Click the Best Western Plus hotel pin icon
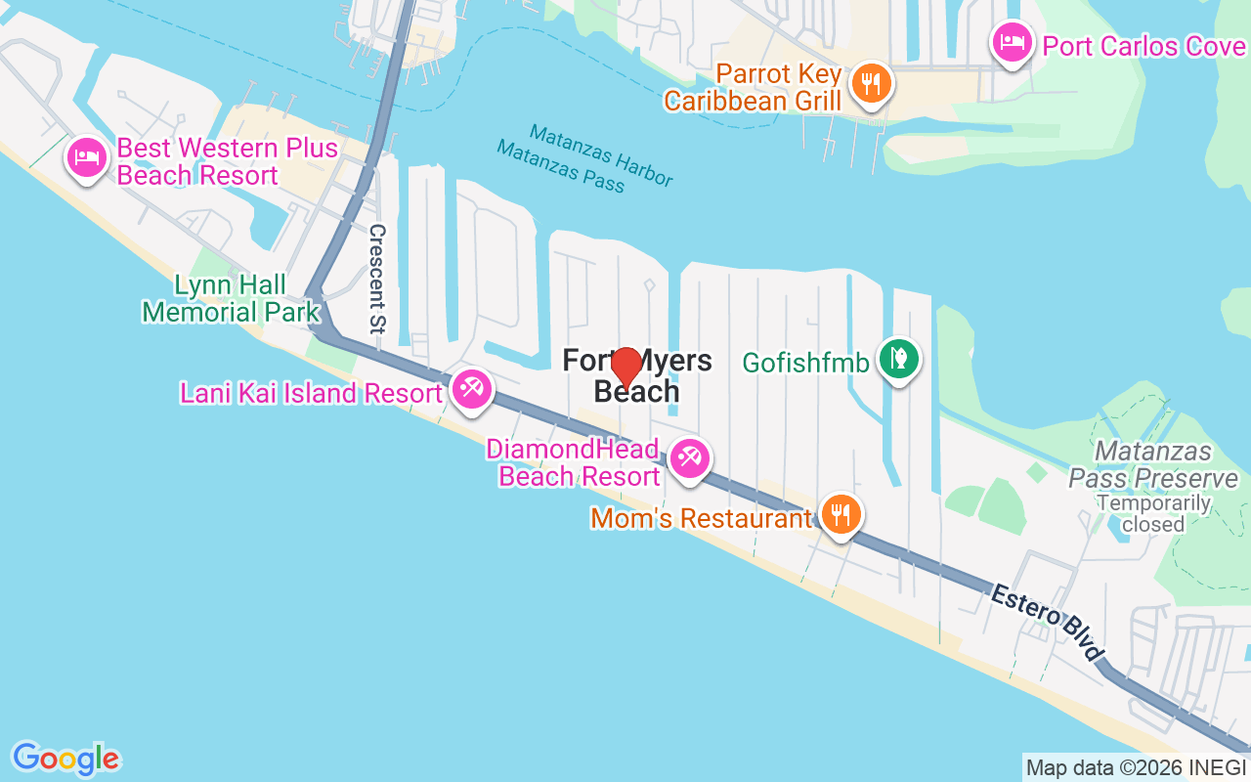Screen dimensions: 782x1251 (87, 157)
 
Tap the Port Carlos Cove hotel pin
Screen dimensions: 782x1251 (1012, 43)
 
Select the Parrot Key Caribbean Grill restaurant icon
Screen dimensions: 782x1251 (868, 83)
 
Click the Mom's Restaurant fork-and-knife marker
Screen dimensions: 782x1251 (839, 512)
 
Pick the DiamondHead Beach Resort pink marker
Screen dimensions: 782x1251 (690, 457)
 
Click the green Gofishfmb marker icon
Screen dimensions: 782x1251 (897, 358)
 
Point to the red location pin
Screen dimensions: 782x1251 (625, 367)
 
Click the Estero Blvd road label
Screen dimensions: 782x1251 (1047, 622)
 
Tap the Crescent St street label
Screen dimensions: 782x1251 (377, 279)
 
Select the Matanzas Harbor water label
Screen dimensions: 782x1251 (601, 154)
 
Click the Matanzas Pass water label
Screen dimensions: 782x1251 (560, 166)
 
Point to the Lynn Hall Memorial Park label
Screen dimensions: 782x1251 (231, 298)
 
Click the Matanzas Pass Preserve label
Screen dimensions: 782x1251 (1153, 465)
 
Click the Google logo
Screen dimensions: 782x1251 (65, 758)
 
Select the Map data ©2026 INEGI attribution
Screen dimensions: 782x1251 (1137, 767)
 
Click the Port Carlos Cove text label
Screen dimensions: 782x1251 (1143, 46)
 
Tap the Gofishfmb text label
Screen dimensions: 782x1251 (805, 363)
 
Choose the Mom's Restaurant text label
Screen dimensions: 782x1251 (701, 518)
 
